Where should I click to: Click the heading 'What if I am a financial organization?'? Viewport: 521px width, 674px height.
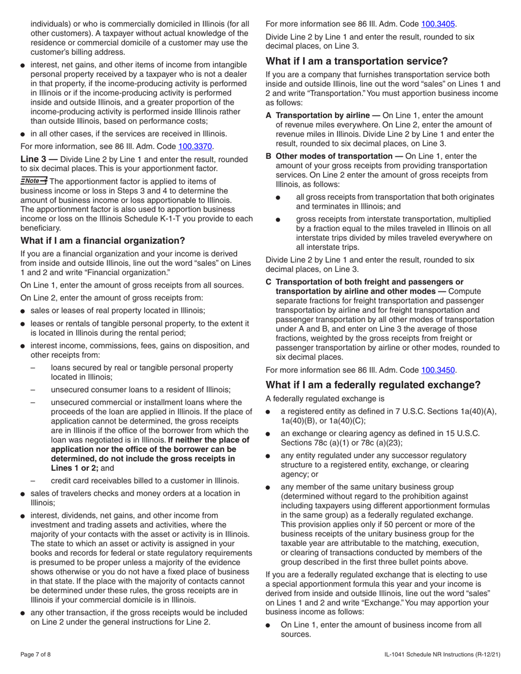click(x=103, y=241)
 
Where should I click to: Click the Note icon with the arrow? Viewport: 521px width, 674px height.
click(x=34, y=181)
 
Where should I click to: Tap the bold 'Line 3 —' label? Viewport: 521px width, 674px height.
click(x=39, y=159)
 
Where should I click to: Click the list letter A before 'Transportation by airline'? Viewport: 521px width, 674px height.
click(x=269, y=115)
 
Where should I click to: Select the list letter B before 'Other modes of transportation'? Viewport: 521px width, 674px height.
click(x=269, y=156)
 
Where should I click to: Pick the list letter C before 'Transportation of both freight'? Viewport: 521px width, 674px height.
click(x=269, y=282)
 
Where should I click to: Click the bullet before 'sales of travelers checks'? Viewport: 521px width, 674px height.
click(x=23, y=494)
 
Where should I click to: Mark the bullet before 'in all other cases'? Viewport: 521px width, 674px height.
click(x=23, y=134)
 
